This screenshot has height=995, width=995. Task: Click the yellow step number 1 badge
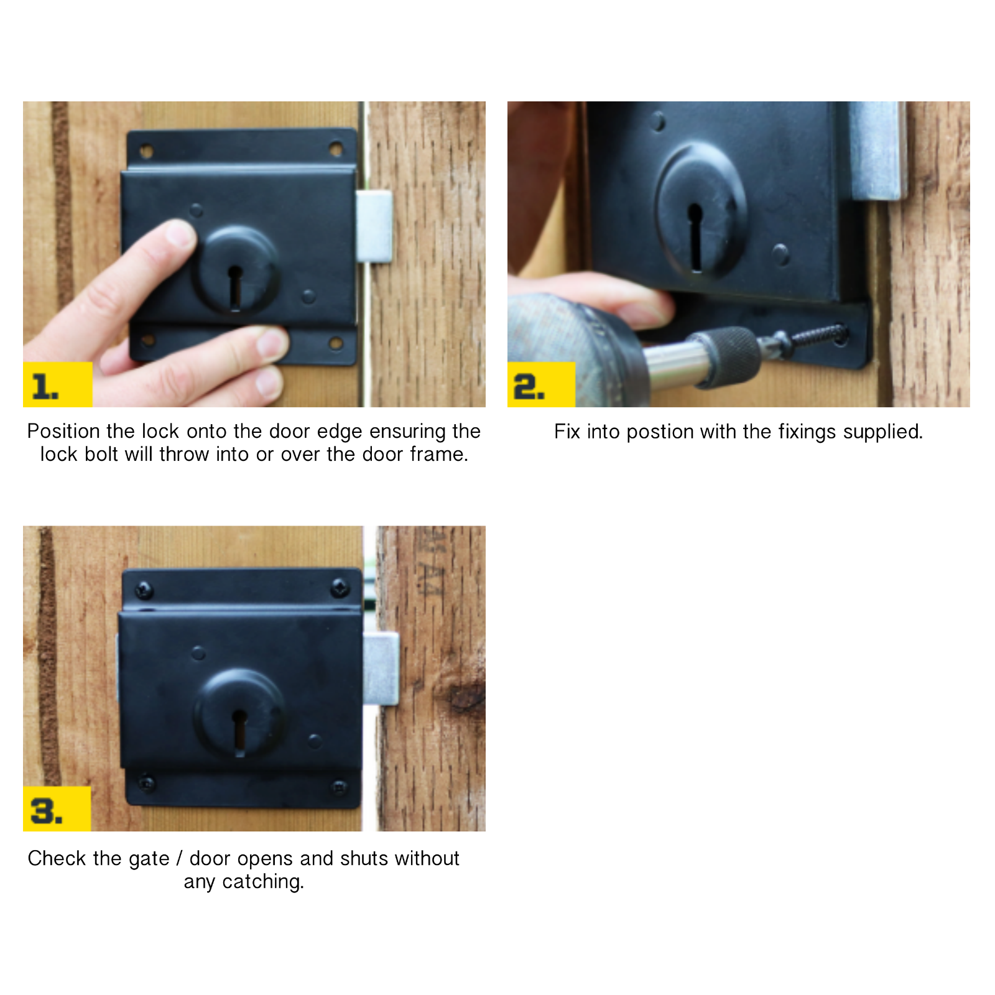(x=57, y=384)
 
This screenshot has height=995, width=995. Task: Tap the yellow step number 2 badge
(x=540, y=384)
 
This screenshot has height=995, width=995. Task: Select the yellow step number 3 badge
(x=57, y=809)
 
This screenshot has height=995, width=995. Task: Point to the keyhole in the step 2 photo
(x=695, y=236)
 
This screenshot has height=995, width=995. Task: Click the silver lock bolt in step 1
(x=374, y=226)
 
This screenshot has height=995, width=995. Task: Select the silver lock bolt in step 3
(x=381, y=669)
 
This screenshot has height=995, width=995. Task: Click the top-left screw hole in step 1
(x=147, y=151)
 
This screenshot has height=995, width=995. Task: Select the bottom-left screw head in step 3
(x=147, y=783)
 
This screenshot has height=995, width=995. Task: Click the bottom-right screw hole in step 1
(x=336, y=343)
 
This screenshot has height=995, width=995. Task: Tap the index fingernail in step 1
(x=180, y=234)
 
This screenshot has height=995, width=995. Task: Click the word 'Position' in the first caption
(x=63, y=431)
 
